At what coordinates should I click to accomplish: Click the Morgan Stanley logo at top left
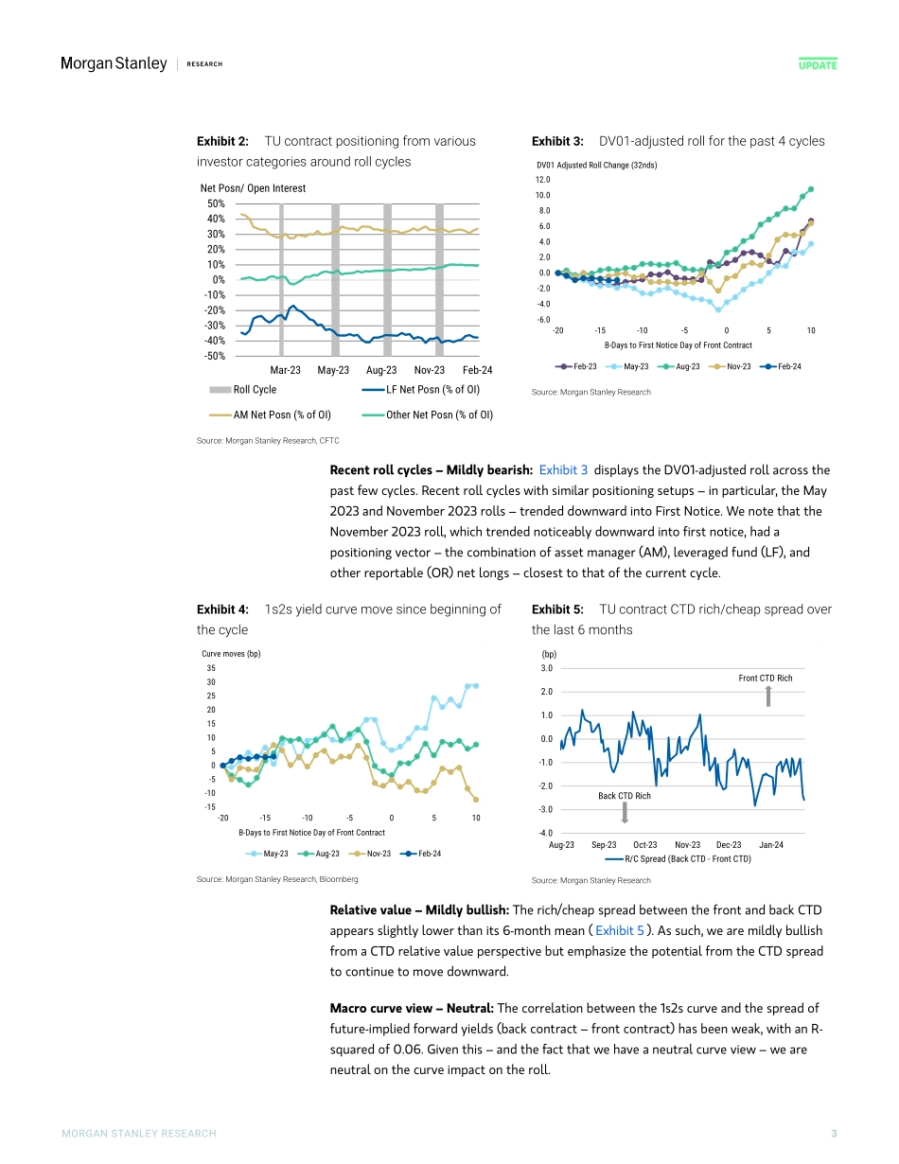(x=114, y=63)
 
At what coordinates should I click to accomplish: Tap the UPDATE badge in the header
(x=818, y=64)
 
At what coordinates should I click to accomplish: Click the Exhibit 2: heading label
(x=222, y=141)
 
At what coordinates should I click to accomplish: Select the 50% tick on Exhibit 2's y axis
(x=215, y=203)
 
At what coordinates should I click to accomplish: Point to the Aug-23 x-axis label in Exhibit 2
(x=380, y=371)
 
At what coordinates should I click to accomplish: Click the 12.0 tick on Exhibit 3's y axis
(x=543, y=179)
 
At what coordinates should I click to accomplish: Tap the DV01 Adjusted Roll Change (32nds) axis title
(x=596, y=165)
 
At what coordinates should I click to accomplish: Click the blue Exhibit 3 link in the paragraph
(x=563, y=469)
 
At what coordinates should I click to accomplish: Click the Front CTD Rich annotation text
(x=765, y=679)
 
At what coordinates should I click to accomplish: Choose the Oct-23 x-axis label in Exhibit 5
(x=645, y=844)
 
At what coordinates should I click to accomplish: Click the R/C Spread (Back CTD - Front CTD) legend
(x=688, y=859)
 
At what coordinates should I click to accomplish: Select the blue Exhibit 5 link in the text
(x=620, y=930)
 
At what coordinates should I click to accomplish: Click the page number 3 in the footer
(x=834, y=1134)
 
